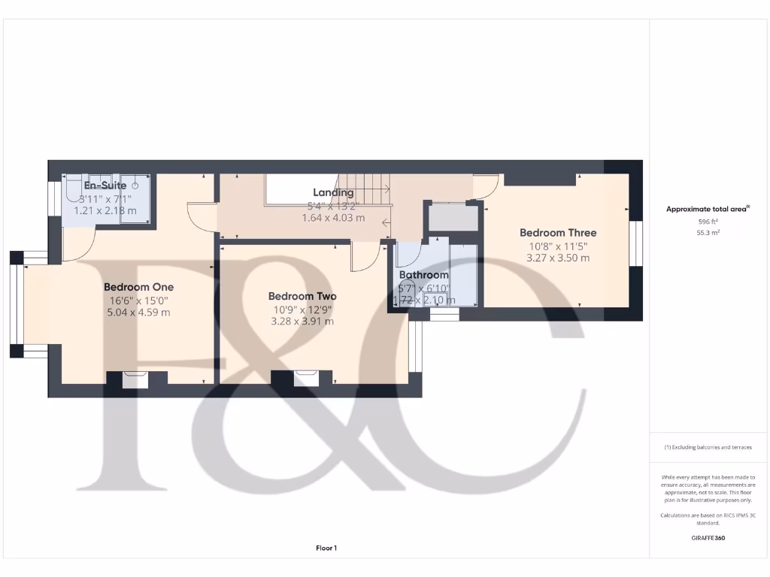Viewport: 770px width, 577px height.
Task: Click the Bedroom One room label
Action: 138,287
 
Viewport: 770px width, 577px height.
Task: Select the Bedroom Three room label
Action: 557,233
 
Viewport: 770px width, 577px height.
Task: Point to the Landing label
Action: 333,193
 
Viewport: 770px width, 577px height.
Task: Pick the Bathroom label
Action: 424,275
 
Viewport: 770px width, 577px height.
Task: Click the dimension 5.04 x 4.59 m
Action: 139,313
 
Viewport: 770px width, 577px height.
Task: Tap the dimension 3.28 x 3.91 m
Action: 302,322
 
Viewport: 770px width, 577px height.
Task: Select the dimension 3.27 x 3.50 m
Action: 557,258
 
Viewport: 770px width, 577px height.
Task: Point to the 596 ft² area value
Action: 708,222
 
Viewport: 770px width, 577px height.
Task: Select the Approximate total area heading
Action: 708,210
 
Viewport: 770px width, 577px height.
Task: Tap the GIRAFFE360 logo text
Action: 708,538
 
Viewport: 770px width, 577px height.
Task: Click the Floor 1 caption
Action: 326,548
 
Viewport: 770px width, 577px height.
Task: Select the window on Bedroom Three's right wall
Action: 638,244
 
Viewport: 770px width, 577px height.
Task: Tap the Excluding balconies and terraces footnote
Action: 708,447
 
